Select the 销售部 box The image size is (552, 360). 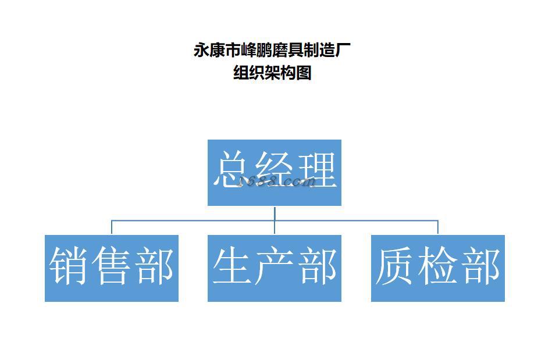tap(111, 268)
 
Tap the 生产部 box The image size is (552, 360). tap(274, 268)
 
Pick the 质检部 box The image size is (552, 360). tap(437, 268)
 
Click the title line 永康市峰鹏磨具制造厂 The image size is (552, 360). tap(272, 51)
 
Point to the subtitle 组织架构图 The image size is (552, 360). tap(272, 73)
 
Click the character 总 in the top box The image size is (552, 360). tap(233, 170)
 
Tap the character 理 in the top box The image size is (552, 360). tap(316, 170)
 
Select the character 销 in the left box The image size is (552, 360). tap(69, 267)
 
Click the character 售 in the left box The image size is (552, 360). tap(111, 267)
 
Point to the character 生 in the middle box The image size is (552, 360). tap(233, 267)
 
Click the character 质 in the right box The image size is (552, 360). tap(396, 267)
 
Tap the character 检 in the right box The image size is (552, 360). tap(437, 267)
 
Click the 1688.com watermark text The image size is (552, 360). tap(278, 182)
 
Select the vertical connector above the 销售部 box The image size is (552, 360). tap(112, 227)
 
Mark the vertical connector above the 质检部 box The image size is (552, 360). tap(437, 227)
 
